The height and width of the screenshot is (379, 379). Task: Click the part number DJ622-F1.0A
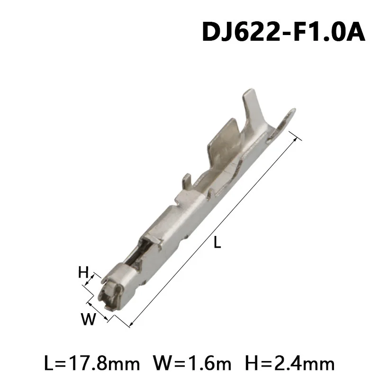[x=283, y=32]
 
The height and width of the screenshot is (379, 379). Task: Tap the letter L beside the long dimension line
[x=217, y=244]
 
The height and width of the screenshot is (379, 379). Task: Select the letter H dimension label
[x=83, y=272]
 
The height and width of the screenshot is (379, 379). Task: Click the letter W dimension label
[x=88, y=320]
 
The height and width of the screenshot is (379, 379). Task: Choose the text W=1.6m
[x=192, y=363]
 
